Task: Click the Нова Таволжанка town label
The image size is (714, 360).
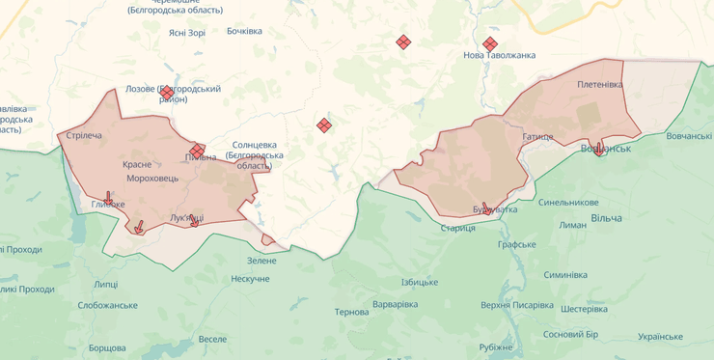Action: coord(499,55)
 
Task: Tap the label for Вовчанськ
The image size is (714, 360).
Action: coord(606,149)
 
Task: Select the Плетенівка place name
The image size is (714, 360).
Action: coord(600,84)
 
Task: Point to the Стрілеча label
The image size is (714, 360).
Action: coord(84,135)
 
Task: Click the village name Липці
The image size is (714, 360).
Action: coord(106,284)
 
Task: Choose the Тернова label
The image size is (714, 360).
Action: coord(351,312)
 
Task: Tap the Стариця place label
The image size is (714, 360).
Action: coord(457,228)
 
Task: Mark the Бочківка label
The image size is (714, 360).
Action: coord(244,31)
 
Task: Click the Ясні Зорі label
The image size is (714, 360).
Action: coord(187,32)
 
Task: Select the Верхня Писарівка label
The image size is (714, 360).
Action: coord(517,306)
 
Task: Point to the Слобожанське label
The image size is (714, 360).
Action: coord(107,305)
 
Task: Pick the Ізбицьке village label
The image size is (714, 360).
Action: coord(420,282)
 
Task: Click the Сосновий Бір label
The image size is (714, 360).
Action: coord(571,335)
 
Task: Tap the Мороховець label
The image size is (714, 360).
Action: coord(152,179)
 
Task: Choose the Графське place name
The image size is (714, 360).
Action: coord(517,244)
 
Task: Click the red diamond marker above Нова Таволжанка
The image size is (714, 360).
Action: coord(490,43)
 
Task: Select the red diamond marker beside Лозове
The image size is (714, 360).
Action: coord(167,92)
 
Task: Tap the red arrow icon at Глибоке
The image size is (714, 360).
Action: coord(107,197)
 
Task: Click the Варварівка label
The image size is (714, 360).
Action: coord(396,305)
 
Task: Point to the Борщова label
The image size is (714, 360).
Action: coord(107,347)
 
